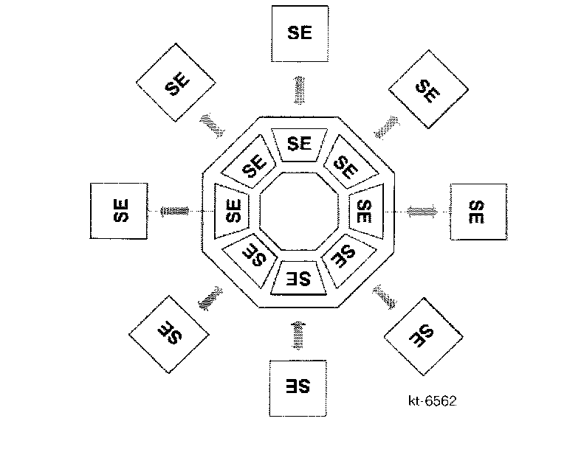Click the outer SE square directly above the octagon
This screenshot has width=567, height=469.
[299, 34]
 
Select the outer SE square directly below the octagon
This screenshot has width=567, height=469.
[298, 386]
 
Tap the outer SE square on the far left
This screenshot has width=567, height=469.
[118, 211]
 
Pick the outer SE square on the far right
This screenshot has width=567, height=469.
[478, 212]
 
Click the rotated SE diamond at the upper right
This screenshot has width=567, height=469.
[428, 90]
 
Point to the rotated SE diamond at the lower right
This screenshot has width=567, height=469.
[423, 336]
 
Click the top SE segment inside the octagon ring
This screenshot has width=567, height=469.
[298, 143]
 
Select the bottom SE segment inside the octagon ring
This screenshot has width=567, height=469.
[299, 279]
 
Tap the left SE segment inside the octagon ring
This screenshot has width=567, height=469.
[232, 211]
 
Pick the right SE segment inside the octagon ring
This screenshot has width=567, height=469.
[365, 211]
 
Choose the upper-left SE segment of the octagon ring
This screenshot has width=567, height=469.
[251, 165]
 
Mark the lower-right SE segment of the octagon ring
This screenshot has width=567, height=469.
[345, 258]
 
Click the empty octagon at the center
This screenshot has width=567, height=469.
[298, 211]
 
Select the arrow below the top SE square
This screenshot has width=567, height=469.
[299, 89]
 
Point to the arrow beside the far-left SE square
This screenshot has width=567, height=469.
[174, 212]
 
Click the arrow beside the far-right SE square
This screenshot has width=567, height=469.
[422, 212]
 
